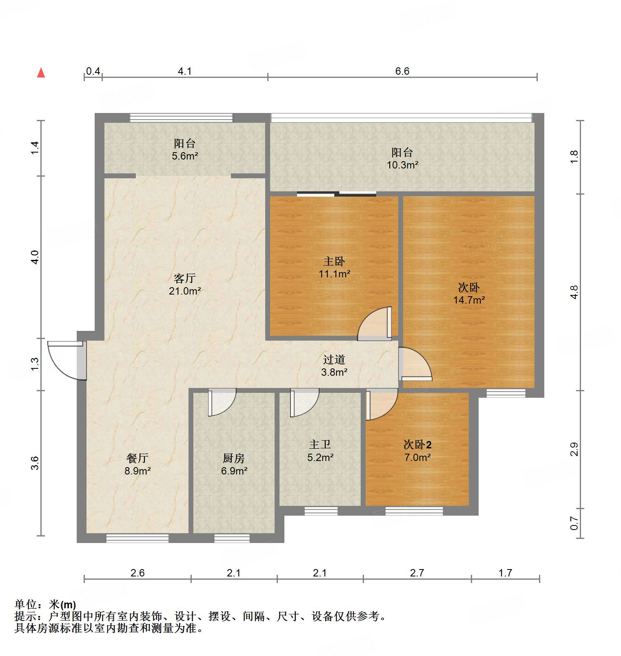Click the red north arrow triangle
coord(41,73)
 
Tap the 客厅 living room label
coord(185,279)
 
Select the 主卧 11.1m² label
coord(334,268)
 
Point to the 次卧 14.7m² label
coord(469,294)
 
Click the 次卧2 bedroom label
coord(417,445)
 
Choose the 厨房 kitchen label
coord(234,459)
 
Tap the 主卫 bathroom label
coord(320,445)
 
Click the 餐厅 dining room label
coord(138,459)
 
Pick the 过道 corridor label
coord(334,360)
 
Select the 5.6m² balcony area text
coord(185,156)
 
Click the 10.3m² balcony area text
coord(402,165)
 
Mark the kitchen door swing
coord(222,402)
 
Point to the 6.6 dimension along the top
coord(402,71)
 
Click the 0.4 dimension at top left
coord(93,71)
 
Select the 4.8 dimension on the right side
coord(574,292)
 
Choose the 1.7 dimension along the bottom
coord(505,573)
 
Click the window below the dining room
coord(137,539)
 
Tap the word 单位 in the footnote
coord(26,605)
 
